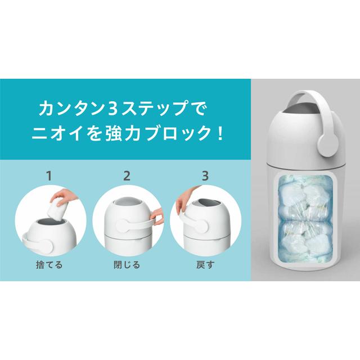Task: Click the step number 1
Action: [x=49, y=175]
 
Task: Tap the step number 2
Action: [x=127, y=175]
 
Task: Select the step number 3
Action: [x=205, y=175]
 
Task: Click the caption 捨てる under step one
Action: [x=49, y=265]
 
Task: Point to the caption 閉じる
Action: [x=127, y=265]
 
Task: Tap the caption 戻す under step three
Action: [x=205, y=265]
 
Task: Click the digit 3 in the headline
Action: [x=112, y=109]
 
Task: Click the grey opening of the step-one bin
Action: [x=49, y=221]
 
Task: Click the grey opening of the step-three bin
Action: [x=205, y=203]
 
